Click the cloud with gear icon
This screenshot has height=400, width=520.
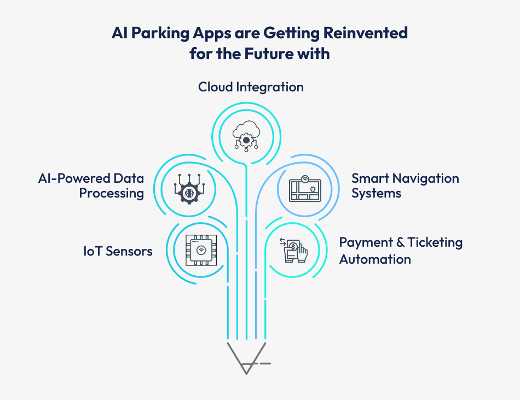tap(246, 135)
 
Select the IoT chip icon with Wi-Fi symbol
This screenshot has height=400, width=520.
tap(201, 251)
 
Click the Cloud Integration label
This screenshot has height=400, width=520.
tap(251, 87)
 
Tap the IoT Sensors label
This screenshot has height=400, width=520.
tap(118, 251)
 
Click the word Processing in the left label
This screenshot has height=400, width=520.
tap(112, 193)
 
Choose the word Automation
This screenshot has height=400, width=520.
tap(375, 259)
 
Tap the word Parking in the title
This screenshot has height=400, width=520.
tap(157, 33)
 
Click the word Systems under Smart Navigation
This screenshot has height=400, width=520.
tap(376, 193)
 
